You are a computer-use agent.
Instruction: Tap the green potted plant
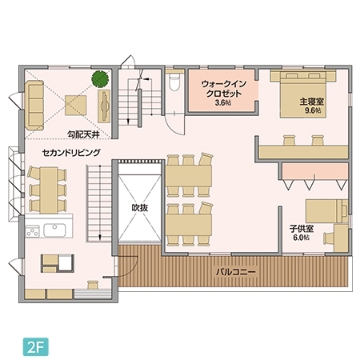(100, 79)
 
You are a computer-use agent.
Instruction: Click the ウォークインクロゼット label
(223, 88)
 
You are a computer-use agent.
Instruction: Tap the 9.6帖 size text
(312, 111)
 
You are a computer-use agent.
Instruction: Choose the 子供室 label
(301, 228)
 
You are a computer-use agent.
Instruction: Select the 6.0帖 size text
(301, 238)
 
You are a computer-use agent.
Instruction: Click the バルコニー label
(236, 272)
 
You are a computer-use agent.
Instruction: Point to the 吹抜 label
(141, 207)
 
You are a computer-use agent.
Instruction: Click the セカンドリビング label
(72, 151)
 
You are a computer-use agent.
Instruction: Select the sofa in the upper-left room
(34, 106)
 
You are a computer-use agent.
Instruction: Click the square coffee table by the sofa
(76, 103)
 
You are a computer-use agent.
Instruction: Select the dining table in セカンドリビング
(46, 186)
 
